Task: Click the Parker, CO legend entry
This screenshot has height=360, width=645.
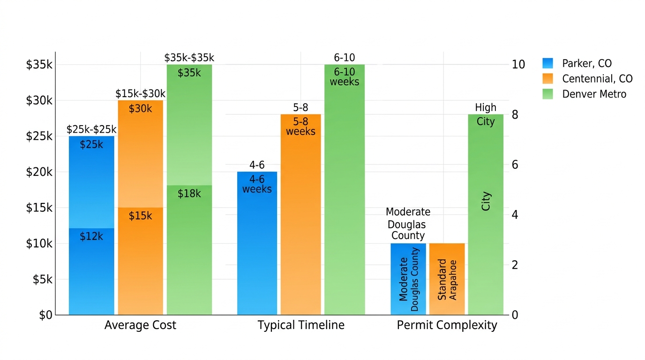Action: [586, 64]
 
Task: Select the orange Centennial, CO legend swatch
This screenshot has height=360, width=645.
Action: [547, 79]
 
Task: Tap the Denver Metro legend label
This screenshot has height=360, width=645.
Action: [594, 94]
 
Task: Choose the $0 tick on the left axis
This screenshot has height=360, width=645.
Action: [45, 315]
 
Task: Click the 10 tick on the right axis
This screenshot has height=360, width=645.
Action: [518, 65]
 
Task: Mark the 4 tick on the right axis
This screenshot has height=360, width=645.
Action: [515, 215]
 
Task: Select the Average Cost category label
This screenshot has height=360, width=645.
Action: [140, 325]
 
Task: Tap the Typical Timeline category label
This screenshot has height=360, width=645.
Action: [301, 325]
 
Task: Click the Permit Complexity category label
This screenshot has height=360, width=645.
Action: [447, 325]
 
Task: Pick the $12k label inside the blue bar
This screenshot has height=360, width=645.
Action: [91, 236]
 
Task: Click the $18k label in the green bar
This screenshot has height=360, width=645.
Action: [189, 194]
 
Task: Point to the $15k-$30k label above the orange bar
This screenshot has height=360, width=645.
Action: [140, 94]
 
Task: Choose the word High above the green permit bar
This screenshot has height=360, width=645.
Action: [485, 107]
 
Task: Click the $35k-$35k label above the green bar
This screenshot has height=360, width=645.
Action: [189, 58]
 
